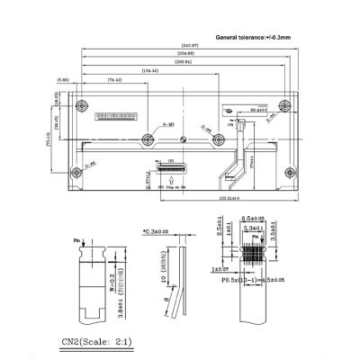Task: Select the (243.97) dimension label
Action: coord(189,45)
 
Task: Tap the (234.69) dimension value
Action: coord(184,53)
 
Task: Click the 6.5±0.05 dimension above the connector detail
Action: coord(253,219)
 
